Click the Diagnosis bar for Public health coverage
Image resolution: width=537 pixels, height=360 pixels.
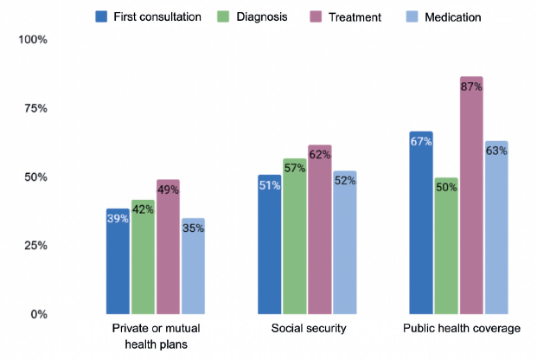pos(446,246)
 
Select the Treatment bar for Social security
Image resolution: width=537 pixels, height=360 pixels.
pos(320,229)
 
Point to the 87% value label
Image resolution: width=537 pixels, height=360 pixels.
pos(471,87)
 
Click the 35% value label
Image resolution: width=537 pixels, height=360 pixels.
pos(194,229)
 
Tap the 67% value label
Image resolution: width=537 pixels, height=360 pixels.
pos(421,143)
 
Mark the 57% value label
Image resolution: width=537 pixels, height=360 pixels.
pos(295,169)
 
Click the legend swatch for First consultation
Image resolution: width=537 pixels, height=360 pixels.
pos(101,16)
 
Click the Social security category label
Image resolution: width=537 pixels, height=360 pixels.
pos(308,329)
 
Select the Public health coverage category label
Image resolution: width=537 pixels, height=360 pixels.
pos(461,329)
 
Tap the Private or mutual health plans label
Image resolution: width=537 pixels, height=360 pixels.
pos(156,336)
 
